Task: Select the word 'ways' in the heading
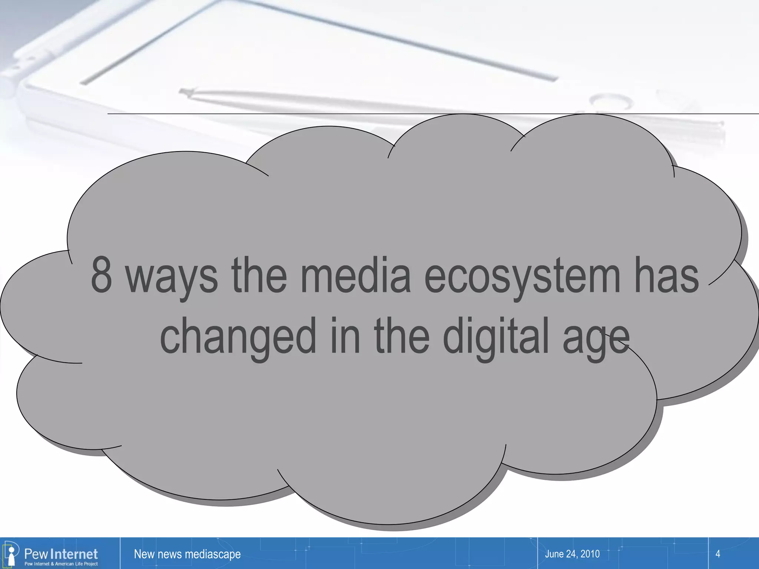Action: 172,278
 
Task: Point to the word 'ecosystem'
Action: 522,278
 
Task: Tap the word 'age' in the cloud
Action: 596,340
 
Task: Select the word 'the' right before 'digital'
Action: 402,336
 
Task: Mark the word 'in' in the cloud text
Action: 345,336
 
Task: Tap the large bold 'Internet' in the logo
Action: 74,554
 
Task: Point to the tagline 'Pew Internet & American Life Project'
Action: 61,564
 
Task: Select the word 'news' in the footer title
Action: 169,554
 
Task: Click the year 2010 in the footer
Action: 590,554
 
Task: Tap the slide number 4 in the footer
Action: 717,554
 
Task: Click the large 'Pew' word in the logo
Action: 36,554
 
